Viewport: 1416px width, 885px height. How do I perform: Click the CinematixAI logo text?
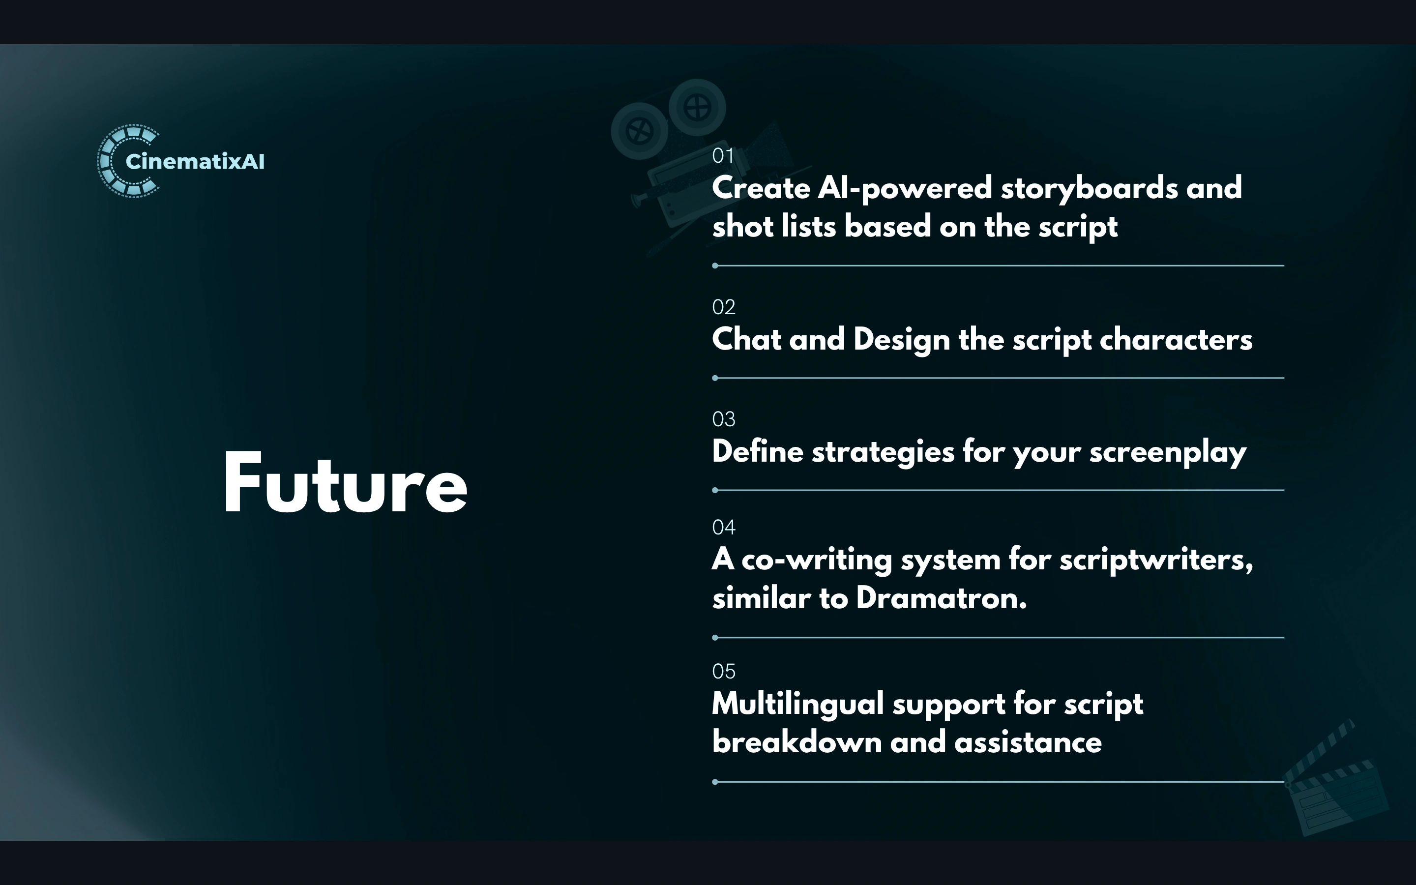[195, 162]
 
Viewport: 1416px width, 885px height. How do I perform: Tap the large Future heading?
[345, 483]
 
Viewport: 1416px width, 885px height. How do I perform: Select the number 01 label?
[723, 156]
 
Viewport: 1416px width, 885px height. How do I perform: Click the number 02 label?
[724, 307]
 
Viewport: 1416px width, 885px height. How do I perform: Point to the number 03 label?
[724, 419]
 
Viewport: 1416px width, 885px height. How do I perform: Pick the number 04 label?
[724, 528]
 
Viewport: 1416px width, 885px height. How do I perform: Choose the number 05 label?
[724, 671]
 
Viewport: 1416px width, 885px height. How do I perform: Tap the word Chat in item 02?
[746, 339]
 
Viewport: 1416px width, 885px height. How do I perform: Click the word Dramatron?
[942, 598]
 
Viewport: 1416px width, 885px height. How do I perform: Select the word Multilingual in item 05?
[797, 704]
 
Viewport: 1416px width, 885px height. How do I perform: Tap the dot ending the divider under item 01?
[715, 265]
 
